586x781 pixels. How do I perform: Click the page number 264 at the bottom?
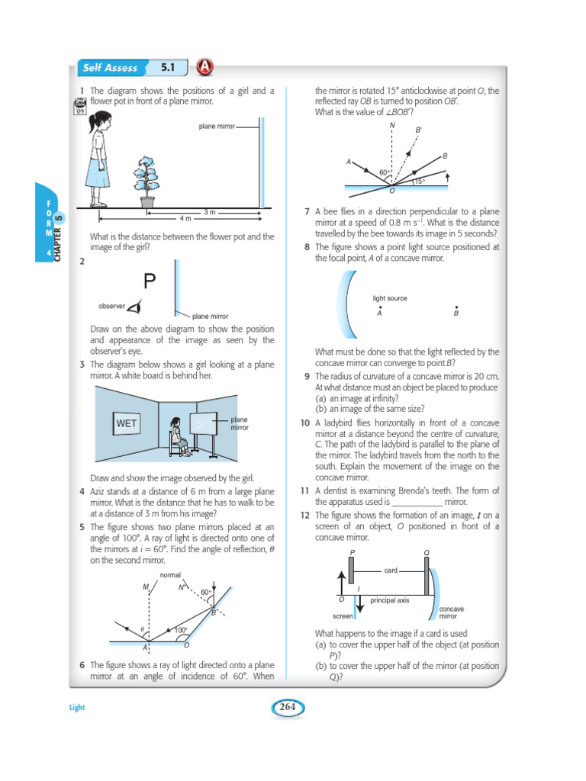[x=287, y=707]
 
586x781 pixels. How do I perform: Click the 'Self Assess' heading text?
[x=110, y=68]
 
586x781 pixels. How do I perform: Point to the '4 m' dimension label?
[x=185, y=218]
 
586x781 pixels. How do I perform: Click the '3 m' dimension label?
[x=210, y=211]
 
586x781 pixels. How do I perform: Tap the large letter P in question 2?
[x=150, y=282]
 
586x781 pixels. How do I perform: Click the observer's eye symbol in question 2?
[x=134, y=307]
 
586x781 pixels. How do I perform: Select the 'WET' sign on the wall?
[x=125, y=423]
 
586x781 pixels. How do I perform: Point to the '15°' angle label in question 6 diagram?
[x=419, y=182]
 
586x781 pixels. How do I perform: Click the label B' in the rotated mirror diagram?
[x=418, y=130]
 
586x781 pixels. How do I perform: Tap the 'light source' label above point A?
[x=390, y=298]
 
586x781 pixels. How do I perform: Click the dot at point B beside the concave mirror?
[x=456, y=307]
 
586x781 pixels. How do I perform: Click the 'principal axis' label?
[x=390, y=600]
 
